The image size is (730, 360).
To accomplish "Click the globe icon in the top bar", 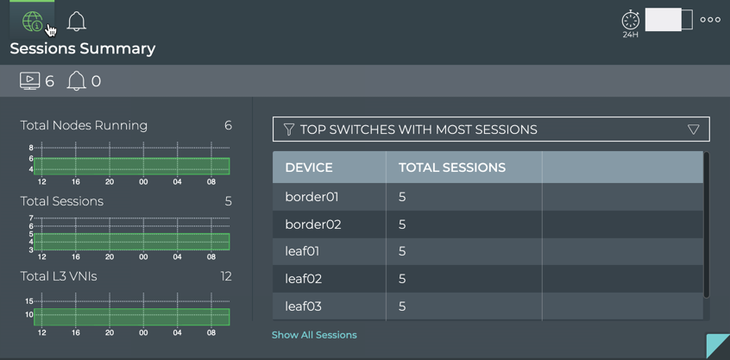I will point(32,22).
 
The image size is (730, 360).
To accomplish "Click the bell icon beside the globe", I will point(77,22).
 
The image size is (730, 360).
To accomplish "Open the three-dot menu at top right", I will point(710,20).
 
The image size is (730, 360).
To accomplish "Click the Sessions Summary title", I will point(83,48).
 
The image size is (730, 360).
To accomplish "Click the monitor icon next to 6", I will point(29,81).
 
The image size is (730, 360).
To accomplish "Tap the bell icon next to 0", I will point(76,81).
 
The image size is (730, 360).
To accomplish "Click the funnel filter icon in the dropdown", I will point(289,129).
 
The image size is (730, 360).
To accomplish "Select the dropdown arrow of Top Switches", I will point(693,129).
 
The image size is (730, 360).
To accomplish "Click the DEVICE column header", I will point(309,167).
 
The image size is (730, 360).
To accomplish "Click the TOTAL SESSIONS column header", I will point(452,167).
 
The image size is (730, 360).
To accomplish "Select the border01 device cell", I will point(312,197).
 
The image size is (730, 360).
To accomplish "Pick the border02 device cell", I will point(312,224).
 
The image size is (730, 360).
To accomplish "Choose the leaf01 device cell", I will point(302,251).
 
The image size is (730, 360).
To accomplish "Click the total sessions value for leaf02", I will point(402,279).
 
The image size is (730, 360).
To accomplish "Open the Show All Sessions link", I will point(314,335).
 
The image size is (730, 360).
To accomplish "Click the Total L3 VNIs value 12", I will point(226,276).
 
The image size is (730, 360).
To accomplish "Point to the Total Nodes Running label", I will point(84,125).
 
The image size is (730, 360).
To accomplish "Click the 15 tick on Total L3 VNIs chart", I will point(29,301).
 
